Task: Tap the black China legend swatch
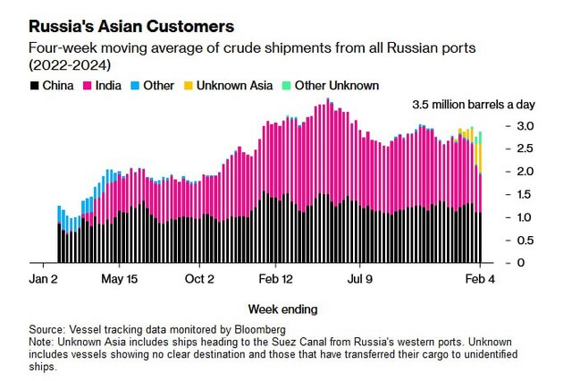pos(34,86)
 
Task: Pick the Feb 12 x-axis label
pos(276,279)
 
